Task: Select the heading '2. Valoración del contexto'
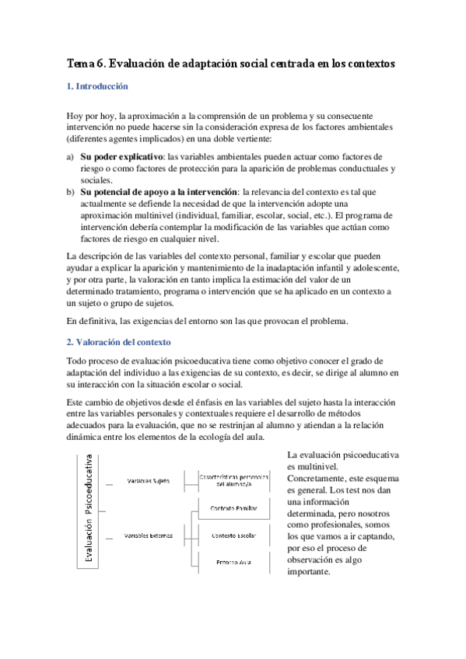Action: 118,342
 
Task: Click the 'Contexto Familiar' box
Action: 234,509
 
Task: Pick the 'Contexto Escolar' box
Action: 234,536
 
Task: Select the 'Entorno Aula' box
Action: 234,563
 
